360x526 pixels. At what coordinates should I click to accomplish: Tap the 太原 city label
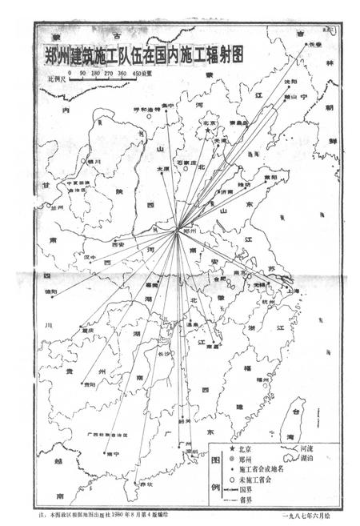(163, 170)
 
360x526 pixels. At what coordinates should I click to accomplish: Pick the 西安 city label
(118, 243)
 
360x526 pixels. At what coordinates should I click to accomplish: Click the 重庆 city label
(87, 330)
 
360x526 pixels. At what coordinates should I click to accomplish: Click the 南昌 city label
(211, 345)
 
